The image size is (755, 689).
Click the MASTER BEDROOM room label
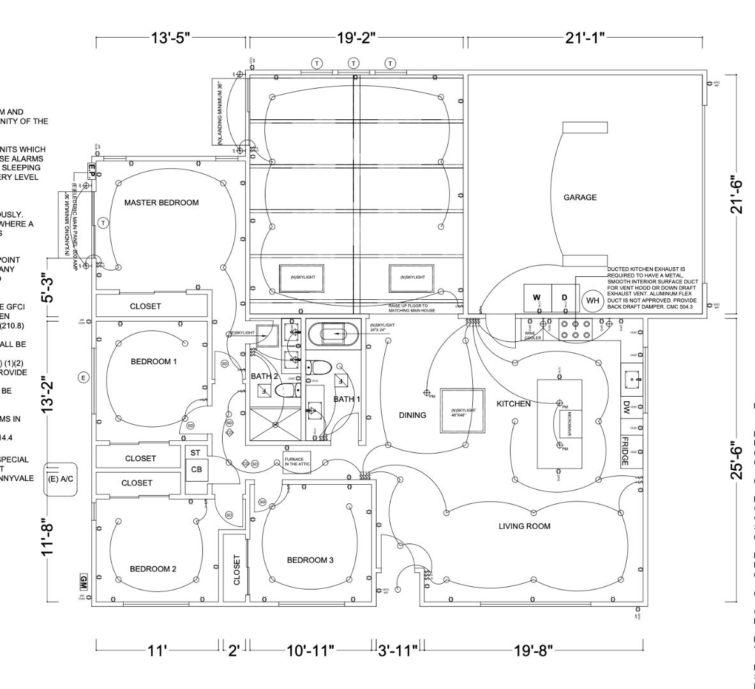click(x=161, y=203)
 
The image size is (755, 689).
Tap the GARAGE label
click(x=579, y=198)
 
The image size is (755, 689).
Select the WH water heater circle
click(x=592, y=300)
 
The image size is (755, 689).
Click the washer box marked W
click(x=537, y=298)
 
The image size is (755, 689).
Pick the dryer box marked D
click(x=564, y=298)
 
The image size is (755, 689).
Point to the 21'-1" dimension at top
click(x=584, y=38)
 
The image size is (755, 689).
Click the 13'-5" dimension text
click(x=171, y=38)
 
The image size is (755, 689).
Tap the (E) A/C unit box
click(x=61, y=479)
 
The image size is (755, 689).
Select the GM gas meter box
click(x=83, y=582)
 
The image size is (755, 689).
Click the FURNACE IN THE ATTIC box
click(x=297, y=462)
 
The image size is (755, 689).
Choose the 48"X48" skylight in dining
click(x=463, y=411)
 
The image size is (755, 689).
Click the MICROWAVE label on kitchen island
click(x=570, y=424)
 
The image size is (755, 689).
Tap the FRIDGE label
click(x=625, y=451)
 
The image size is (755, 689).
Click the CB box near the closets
click(x=196, y=470)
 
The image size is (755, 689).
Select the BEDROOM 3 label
click(x=310, y=561)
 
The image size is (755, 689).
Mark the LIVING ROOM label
click(x=524, y=526)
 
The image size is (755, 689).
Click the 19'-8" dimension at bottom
click(x=532, y=651)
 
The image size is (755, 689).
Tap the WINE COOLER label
click(x=533, y=335)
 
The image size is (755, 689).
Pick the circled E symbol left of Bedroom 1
click(x=83, y=378)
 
